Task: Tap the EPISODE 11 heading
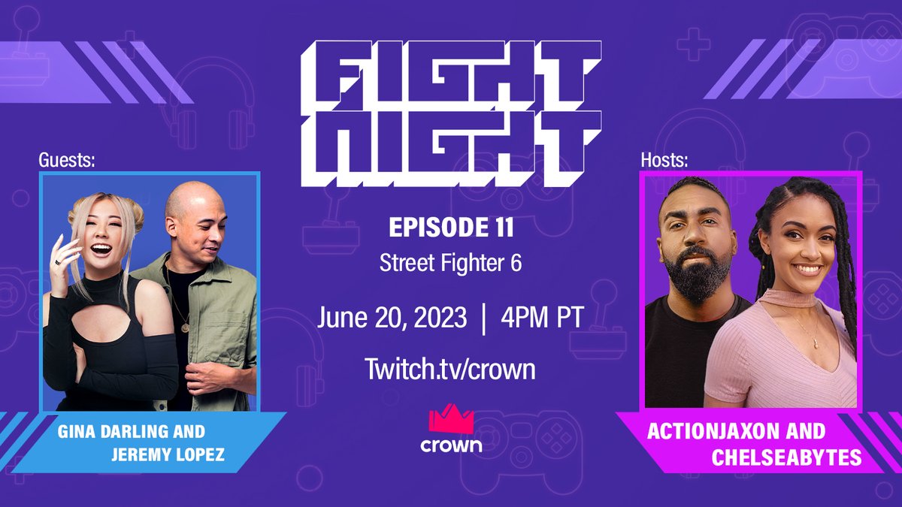[x=451, y=227]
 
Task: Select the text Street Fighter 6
[x=451, y=264]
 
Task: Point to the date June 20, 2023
[x=390, y=317]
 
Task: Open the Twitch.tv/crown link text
[x=451, y=369]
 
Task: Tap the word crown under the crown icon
[x=451, y=445]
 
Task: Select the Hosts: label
[x=664, y=159]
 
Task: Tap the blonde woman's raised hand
[x=62, y=259]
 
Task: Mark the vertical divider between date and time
[x=480, y=318]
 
